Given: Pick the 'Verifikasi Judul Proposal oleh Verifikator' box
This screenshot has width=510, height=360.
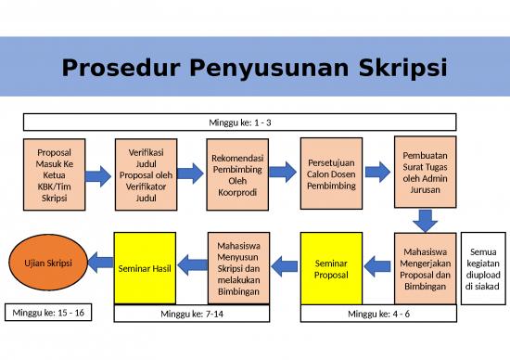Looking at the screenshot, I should coord(147,173).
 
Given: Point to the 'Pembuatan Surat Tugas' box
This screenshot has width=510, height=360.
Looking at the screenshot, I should coord(425,172).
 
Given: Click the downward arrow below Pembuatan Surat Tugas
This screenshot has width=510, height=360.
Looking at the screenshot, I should coord(425,222).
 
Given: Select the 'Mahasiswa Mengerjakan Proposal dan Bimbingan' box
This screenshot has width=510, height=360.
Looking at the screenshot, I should coord(425,268).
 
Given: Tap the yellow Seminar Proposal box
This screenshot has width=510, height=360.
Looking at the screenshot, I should coord(331,268).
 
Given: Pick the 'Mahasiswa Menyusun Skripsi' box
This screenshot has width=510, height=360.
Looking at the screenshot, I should coord(238,268).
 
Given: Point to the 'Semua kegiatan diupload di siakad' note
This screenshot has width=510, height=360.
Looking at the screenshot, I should coord(484,268).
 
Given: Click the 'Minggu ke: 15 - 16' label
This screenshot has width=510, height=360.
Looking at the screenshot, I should coord(45,313).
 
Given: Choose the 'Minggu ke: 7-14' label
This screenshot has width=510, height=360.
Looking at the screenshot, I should coord(193,315).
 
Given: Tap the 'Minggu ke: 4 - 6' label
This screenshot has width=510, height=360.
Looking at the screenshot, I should coord(378,315).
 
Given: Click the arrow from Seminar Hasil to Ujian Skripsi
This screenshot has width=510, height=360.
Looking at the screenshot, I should coord(98,264).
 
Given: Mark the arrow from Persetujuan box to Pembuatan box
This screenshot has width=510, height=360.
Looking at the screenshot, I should coord(377,172).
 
